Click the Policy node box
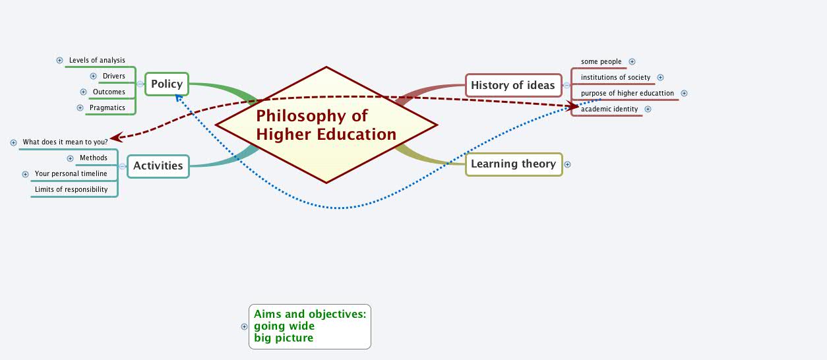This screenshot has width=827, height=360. [166, 84]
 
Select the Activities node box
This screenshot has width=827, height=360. [158, 165]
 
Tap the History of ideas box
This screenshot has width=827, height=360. [513, 85]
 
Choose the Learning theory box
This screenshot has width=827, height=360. [513, 164]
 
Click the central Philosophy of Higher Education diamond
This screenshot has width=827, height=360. [326, 125]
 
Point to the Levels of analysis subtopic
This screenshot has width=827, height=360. [97, 61]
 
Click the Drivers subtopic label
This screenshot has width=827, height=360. [113, 76]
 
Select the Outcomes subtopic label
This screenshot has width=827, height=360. [109, 92]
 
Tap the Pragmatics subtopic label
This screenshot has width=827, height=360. [107, 107]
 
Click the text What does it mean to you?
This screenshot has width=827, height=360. [65, 142]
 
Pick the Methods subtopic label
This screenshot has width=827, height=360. [94, 158]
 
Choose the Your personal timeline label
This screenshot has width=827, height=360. [71, 174]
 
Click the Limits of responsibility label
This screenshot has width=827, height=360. [71, 190]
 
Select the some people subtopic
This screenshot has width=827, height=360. [601, 62]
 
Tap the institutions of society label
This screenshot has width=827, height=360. [615, 78]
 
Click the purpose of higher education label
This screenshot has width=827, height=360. [627, 94]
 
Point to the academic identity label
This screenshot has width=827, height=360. [609, 109]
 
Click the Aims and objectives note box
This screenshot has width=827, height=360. [310, 326]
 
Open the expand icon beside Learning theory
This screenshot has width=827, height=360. [567, 164]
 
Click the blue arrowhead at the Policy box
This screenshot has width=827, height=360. [178, 98]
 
